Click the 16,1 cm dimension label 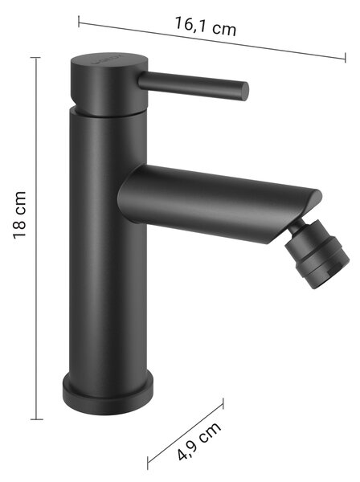pos(206,27)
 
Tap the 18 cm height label pos(19,214)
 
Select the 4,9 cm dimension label pos(199,441)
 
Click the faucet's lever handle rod pos(194,85)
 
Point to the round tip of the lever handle pos(244,92)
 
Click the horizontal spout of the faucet pos(215,203)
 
